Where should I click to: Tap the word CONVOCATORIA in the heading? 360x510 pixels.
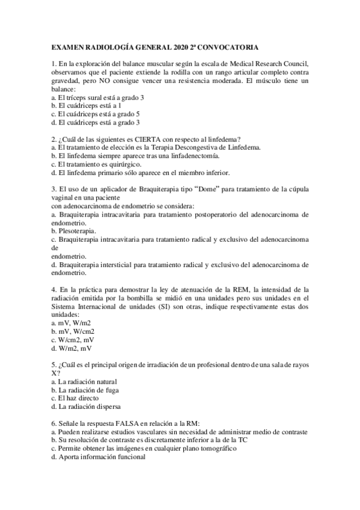coord(227,46)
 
